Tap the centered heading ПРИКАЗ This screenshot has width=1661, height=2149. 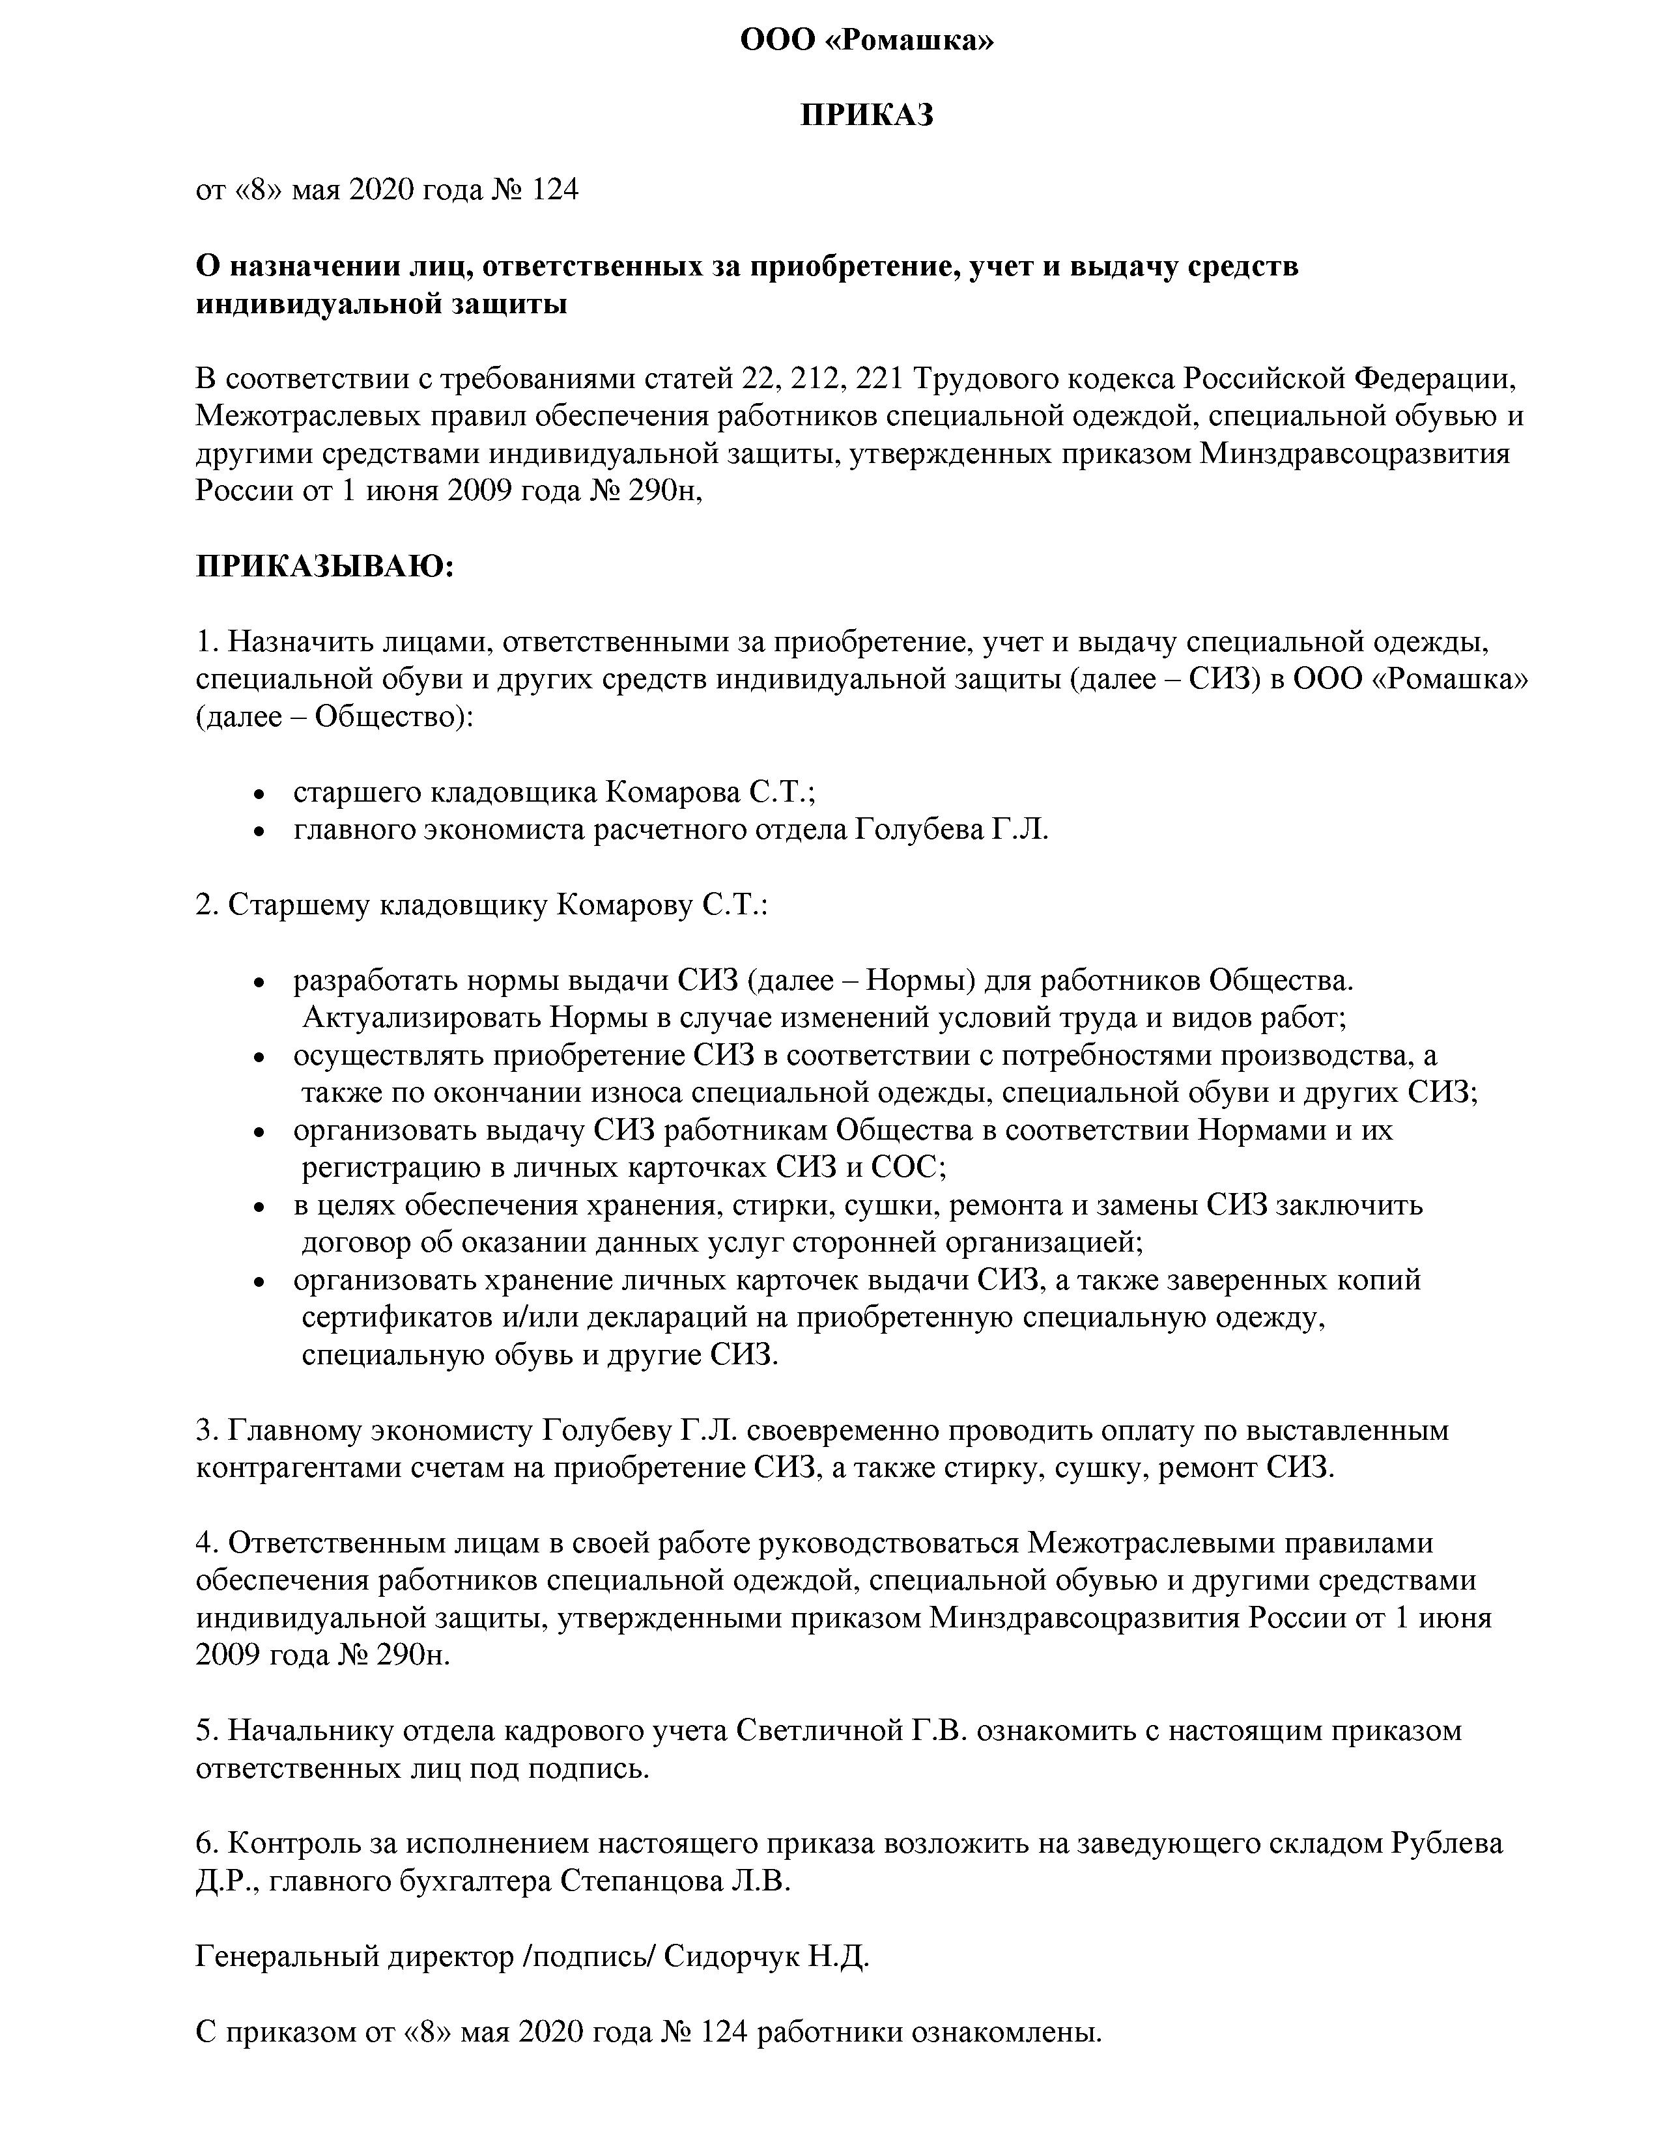[866, 115]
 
